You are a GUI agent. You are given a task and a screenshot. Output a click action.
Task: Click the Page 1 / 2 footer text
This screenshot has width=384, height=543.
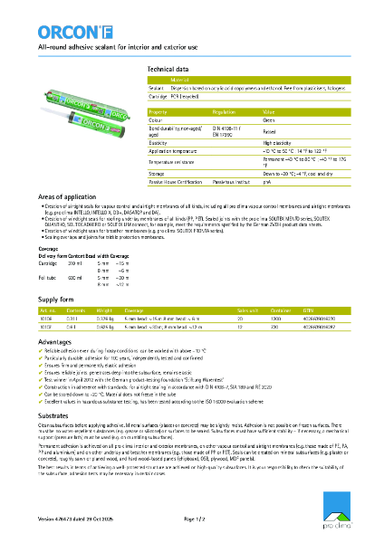click(196, 518)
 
